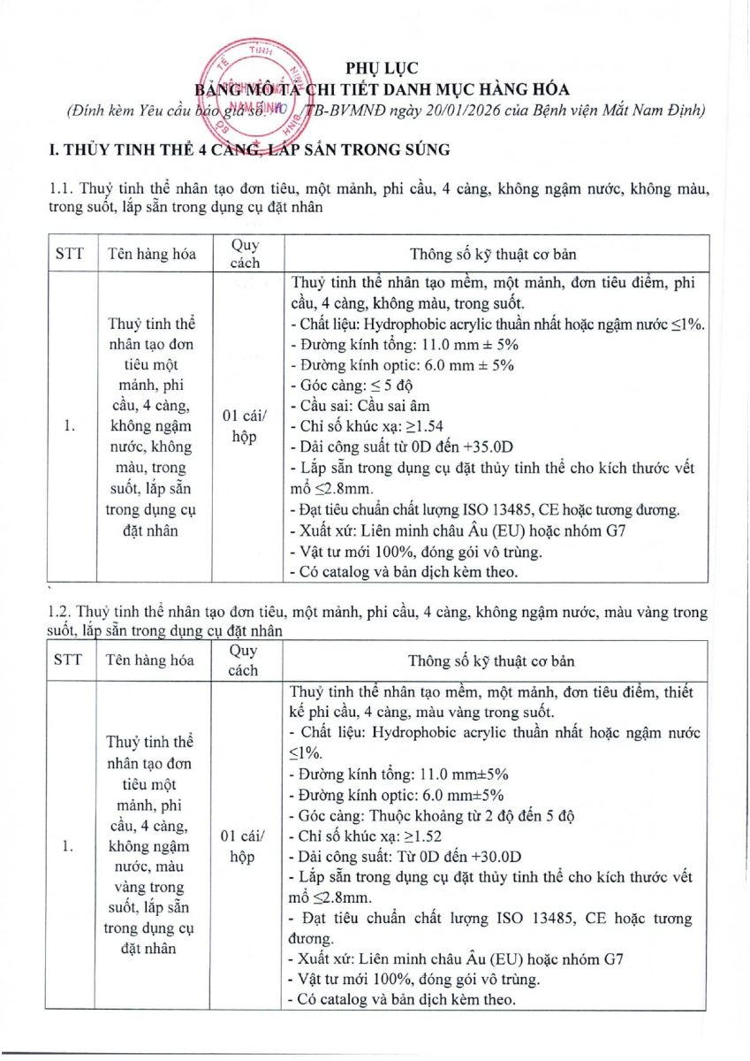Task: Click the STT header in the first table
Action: [70, 254]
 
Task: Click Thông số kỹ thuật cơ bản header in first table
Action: [492, 254]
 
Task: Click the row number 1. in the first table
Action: [70, 426]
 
